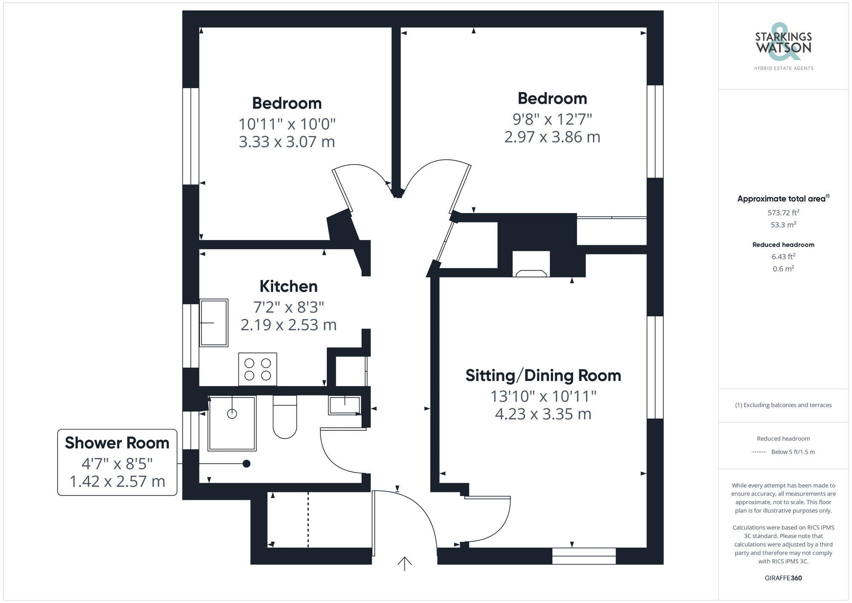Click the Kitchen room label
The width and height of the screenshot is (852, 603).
click(288, 286)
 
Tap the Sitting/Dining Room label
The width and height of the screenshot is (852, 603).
click(543, 375)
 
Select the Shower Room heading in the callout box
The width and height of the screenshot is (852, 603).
click(117, 443)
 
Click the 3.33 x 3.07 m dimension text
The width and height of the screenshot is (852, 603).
click(287, 141)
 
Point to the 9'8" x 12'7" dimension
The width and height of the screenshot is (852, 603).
click(552, 119)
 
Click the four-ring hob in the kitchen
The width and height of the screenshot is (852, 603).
click(257, 369)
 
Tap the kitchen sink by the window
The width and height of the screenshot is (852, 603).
click(214, 323)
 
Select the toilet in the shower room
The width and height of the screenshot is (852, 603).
click(285, 419)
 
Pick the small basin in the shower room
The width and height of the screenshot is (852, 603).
click(344, 405)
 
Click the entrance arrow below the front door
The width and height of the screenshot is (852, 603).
click(404, 563)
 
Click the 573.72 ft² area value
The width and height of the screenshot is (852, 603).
click(783, 212)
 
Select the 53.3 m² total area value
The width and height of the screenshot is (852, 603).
click(783, 225)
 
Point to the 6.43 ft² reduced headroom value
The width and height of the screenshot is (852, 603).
click(783, 257)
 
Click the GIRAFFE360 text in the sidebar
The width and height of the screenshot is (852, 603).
click(783, 578)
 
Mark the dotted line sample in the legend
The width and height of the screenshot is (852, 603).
click(759, 452)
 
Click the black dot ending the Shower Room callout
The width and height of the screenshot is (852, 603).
click(246, 464)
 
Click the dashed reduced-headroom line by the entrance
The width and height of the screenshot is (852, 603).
click(308, 519)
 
